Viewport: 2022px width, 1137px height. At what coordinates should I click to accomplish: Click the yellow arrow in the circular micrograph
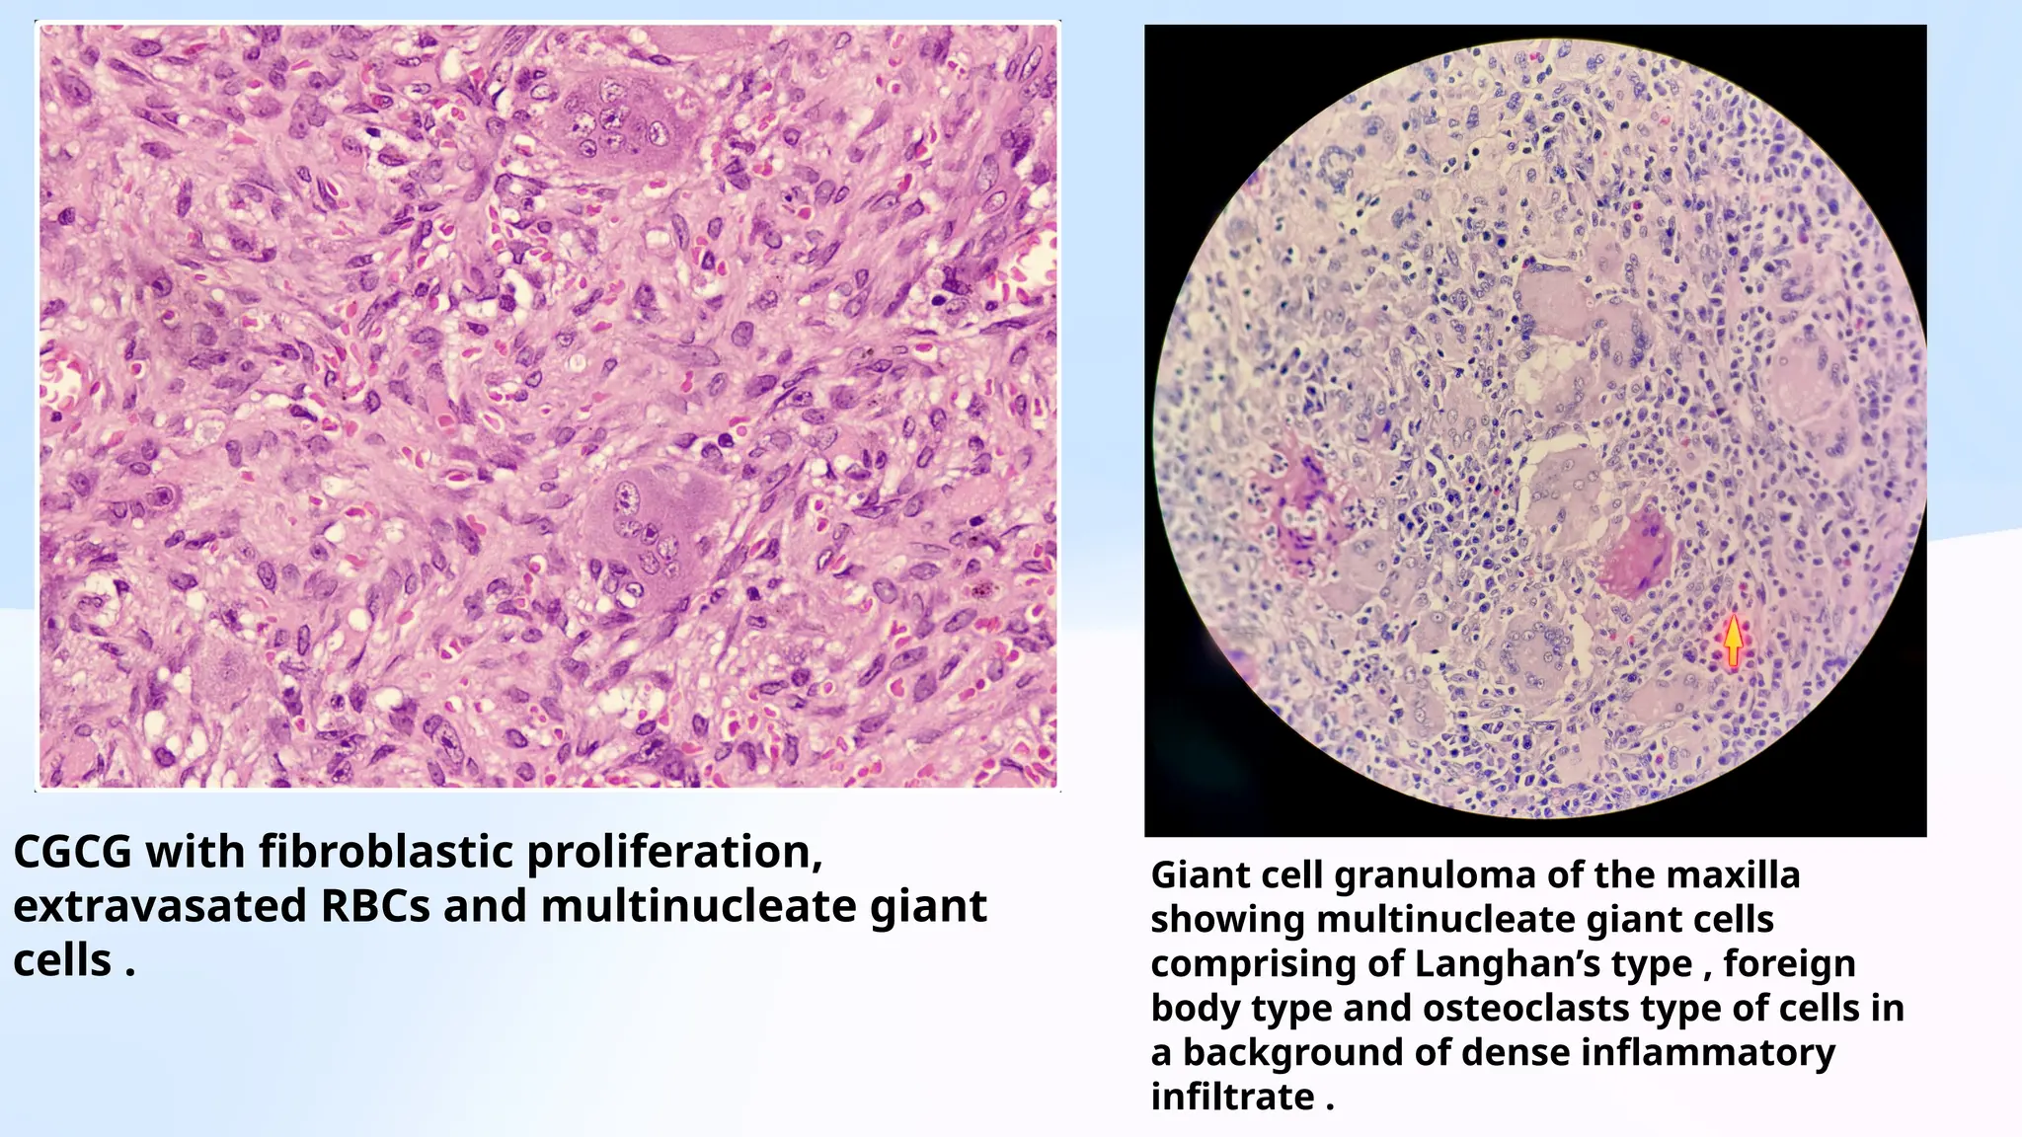1733,640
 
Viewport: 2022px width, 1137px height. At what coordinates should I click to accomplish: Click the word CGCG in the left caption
72,852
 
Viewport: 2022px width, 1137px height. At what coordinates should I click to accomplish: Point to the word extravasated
159,906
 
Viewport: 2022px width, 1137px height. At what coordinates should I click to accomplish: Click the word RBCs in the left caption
376,906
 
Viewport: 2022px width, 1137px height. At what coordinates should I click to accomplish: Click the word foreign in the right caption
1789,963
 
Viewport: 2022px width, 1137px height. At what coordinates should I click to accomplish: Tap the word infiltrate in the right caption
1232,1097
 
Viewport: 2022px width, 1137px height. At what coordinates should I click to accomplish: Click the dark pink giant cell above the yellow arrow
1635,553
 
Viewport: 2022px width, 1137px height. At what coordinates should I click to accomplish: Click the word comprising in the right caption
1253,963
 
